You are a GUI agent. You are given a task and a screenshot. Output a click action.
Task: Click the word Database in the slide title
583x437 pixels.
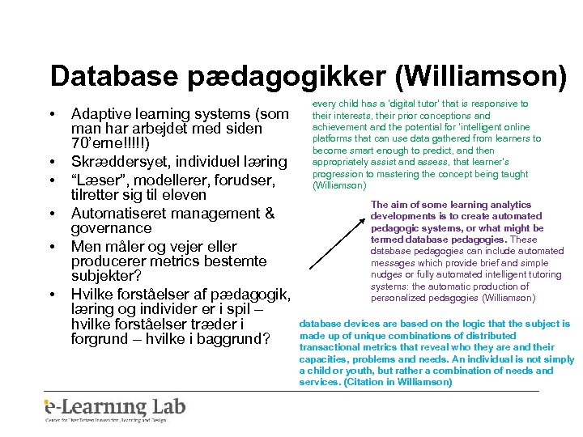114,76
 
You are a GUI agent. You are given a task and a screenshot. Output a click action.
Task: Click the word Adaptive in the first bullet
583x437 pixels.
102,113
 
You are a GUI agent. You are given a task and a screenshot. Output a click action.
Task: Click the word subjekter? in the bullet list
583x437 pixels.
107,278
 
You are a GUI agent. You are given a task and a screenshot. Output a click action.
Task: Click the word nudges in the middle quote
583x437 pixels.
387,274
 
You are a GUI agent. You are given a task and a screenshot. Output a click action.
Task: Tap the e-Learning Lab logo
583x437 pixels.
115,409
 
